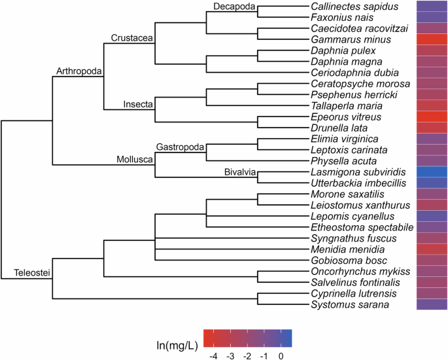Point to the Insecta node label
pyautogui.click(x=138, y=104)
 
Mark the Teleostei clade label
pyautogui.click(x=32, y=272)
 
